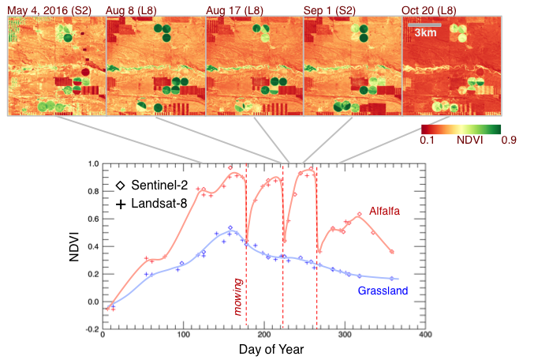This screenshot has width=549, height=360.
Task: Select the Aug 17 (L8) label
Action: pyautogui.click(x=231, y=10)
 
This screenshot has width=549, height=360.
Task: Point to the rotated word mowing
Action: pyautogui.click(x=237, y=297)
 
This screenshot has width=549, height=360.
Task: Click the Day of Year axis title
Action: pyautogui.click(x=263, y=350)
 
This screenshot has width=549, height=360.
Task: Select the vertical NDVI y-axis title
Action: pyautogui.click(x=72, y=246)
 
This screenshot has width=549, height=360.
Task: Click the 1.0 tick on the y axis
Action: pyautogui.click(x=91, y=164)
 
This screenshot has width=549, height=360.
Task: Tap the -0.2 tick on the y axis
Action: pyautogui.click(x=90, y=328)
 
